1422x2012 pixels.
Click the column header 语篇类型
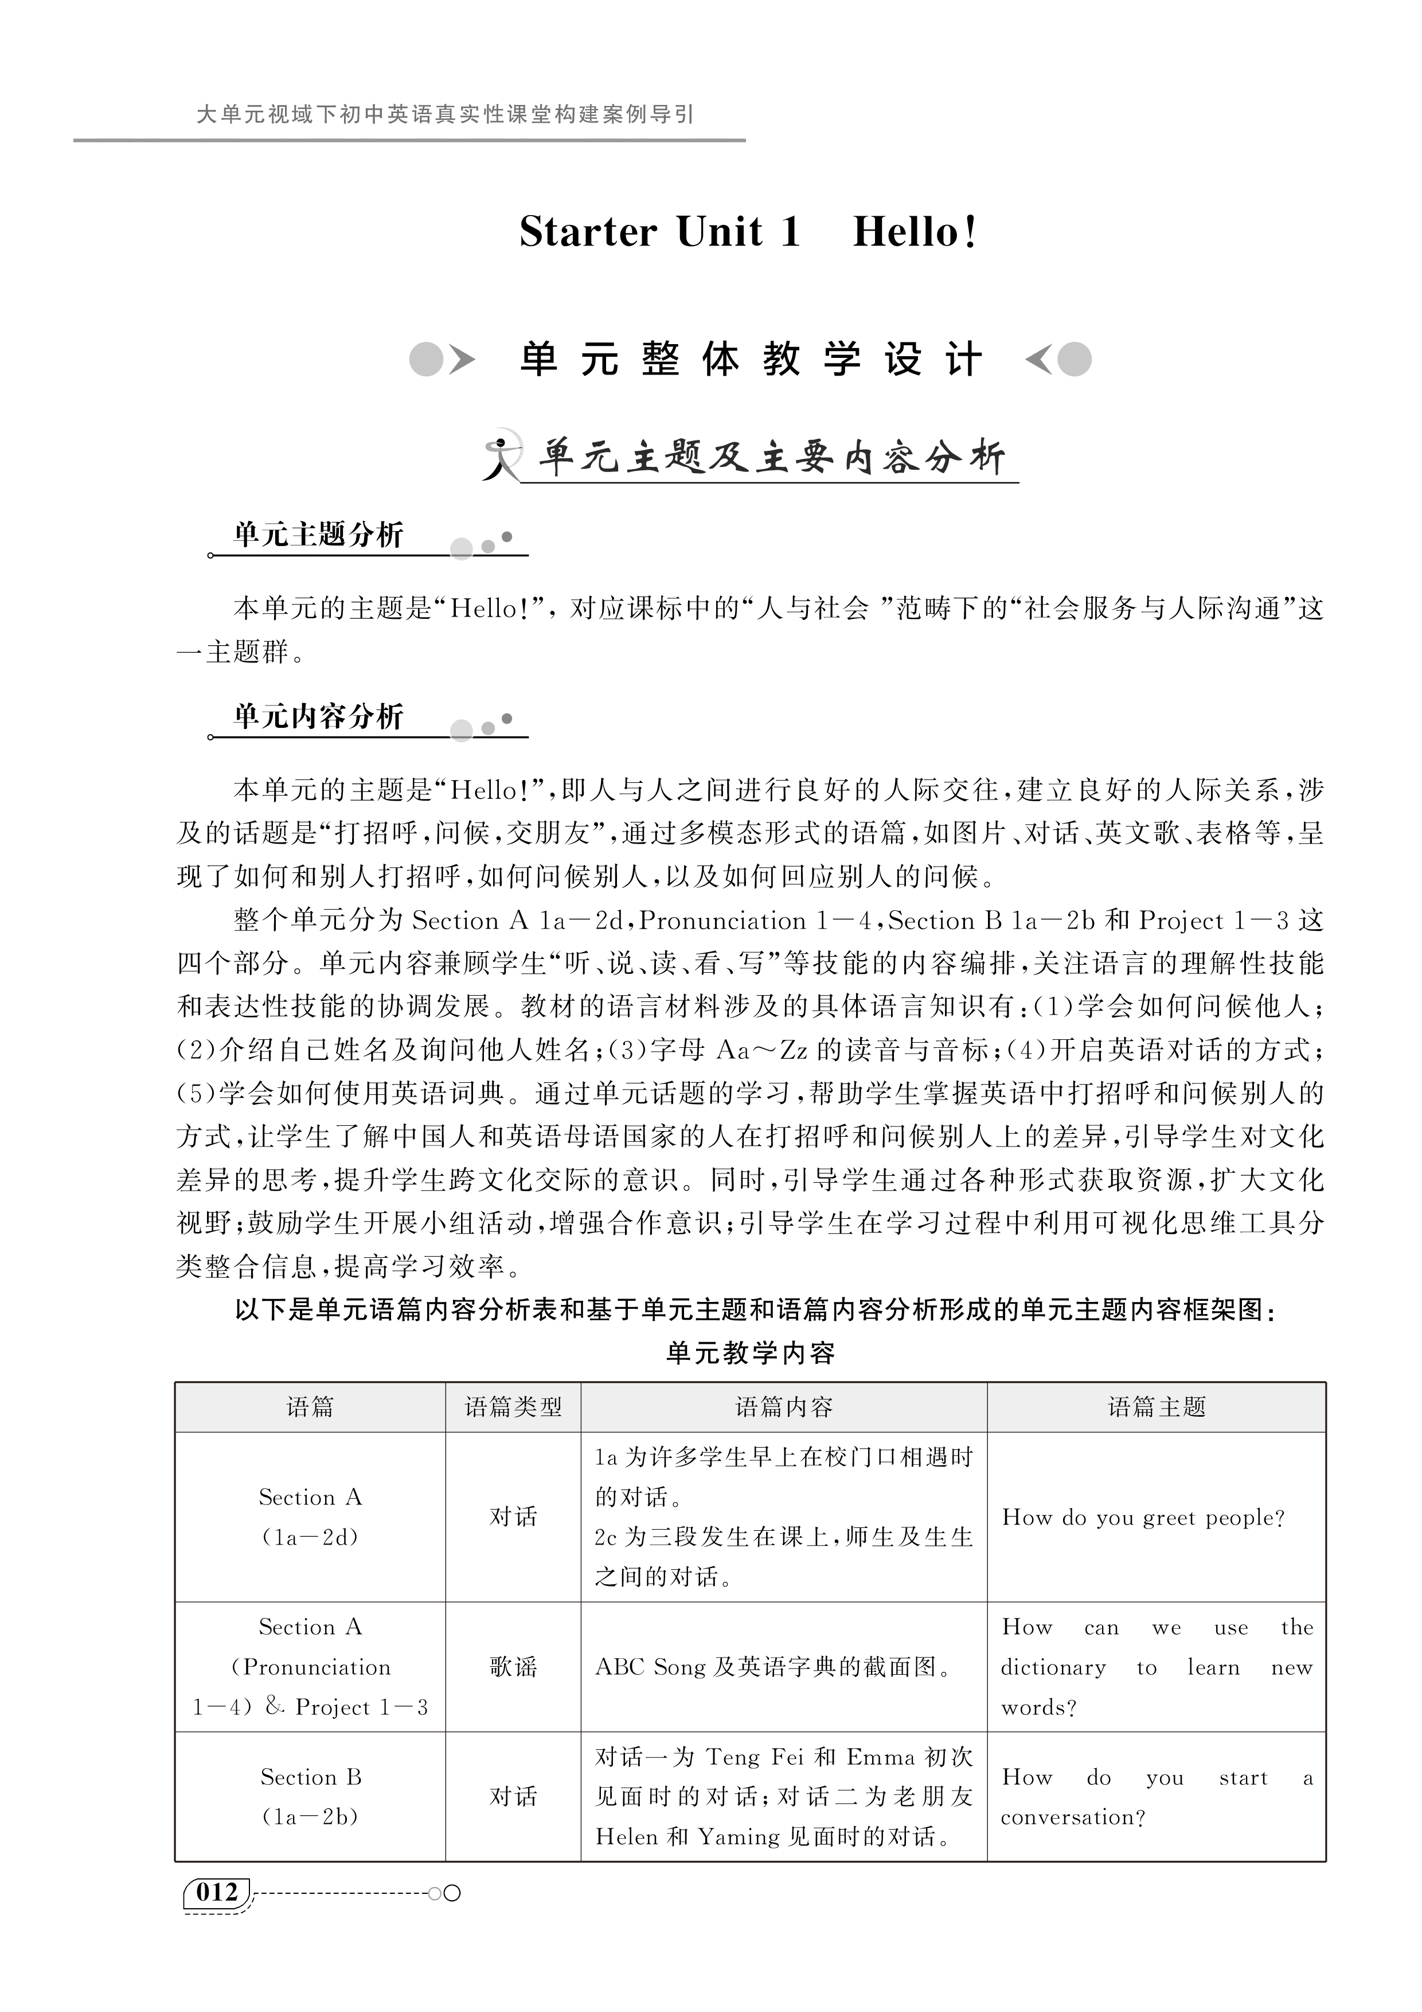click(x=513, y=1407)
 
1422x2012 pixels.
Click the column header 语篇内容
click(x=783, y=1407)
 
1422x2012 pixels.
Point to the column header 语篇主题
click(x=1157, y=1407)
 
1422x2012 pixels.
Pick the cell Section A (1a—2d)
click(x=310, y=1517)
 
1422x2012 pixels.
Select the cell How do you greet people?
click(x=1143, y=1518)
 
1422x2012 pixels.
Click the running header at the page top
click(x=445, y=115)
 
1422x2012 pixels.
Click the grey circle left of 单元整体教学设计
click(x=427, y=359)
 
